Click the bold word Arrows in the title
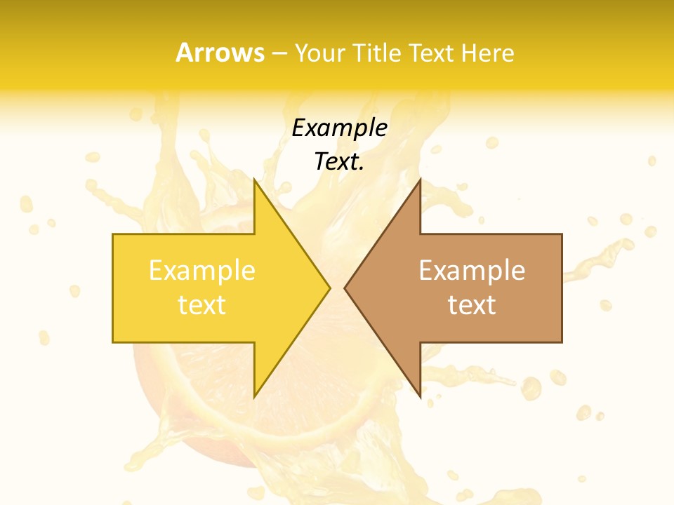pyautogui.click(x=220, y=53)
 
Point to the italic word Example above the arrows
pyautogui.click(x=339, y=128)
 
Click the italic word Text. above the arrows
pyautogui.click(x=339, y=162)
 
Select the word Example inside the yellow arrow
pyautogui.click(x=201, y=271)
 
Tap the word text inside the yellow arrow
pyautogui.click(x=201, y=305)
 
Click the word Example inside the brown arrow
pyautogui.click(x=472, y=271)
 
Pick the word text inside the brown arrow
pyautogui.click(x=472, y=305)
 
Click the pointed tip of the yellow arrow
pyautogui.click(x=329, y=288)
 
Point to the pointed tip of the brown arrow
pyautogui.click(x=345, y=288)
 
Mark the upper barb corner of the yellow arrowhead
pyautogui.click(x=254, y=179)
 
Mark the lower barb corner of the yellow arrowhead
pyautogui.click(x=254, y=397)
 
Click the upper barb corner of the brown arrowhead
pyautogui.click(x=420, y=179)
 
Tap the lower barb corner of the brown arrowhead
pyautogui.click(x=420, y=397)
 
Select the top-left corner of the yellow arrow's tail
pyautogui.click(x=113, y=234)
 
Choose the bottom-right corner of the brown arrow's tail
pyautogui.click(x=562, y=342)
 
